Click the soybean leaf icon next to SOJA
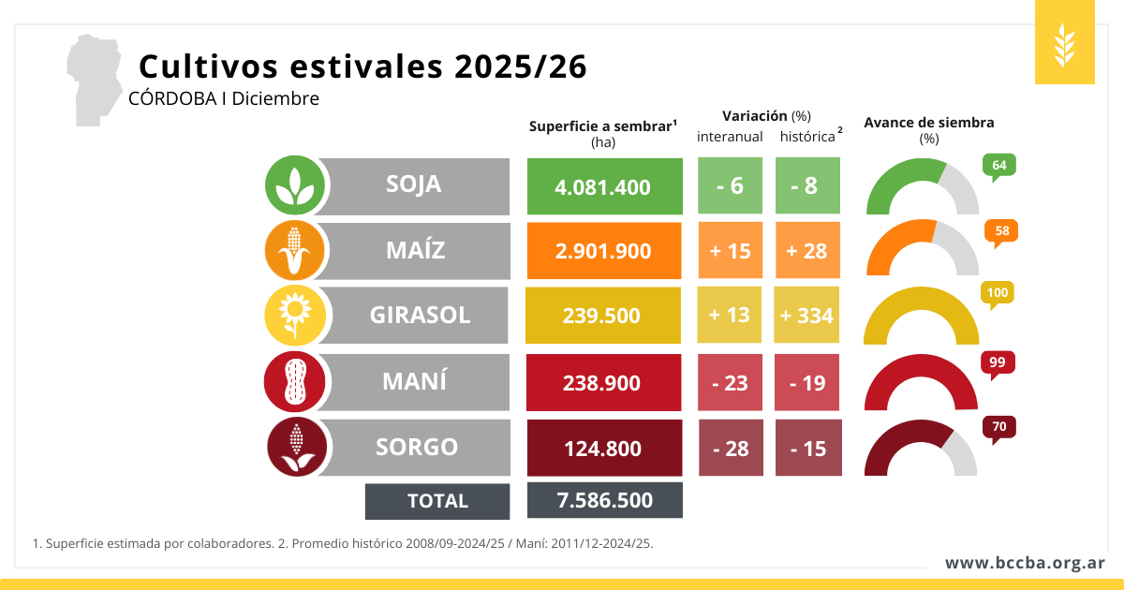tap(295, 185)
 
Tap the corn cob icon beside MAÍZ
tap(295, 251)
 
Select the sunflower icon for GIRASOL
tap(295, 316)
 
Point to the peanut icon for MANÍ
tap(295, 382)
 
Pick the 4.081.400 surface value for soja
tap(603, 186)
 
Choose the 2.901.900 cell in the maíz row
tap(603, 252)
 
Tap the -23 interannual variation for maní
tap(730, 382)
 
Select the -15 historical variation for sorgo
tap(808, 449)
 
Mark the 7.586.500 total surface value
tap(604, 500)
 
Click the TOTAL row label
tap(437, 501)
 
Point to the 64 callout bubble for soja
tap(998, 166)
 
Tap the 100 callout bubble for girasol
tap(998, 294)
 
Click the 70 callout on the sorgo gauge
tap(998, 428)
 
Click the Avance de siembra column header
tap(928, 123)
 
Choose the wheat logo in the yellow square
tap(1065, 43)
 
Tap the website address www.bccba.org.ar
tap(1024, 563)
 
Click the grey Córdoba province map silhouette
tap(94, 79)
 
